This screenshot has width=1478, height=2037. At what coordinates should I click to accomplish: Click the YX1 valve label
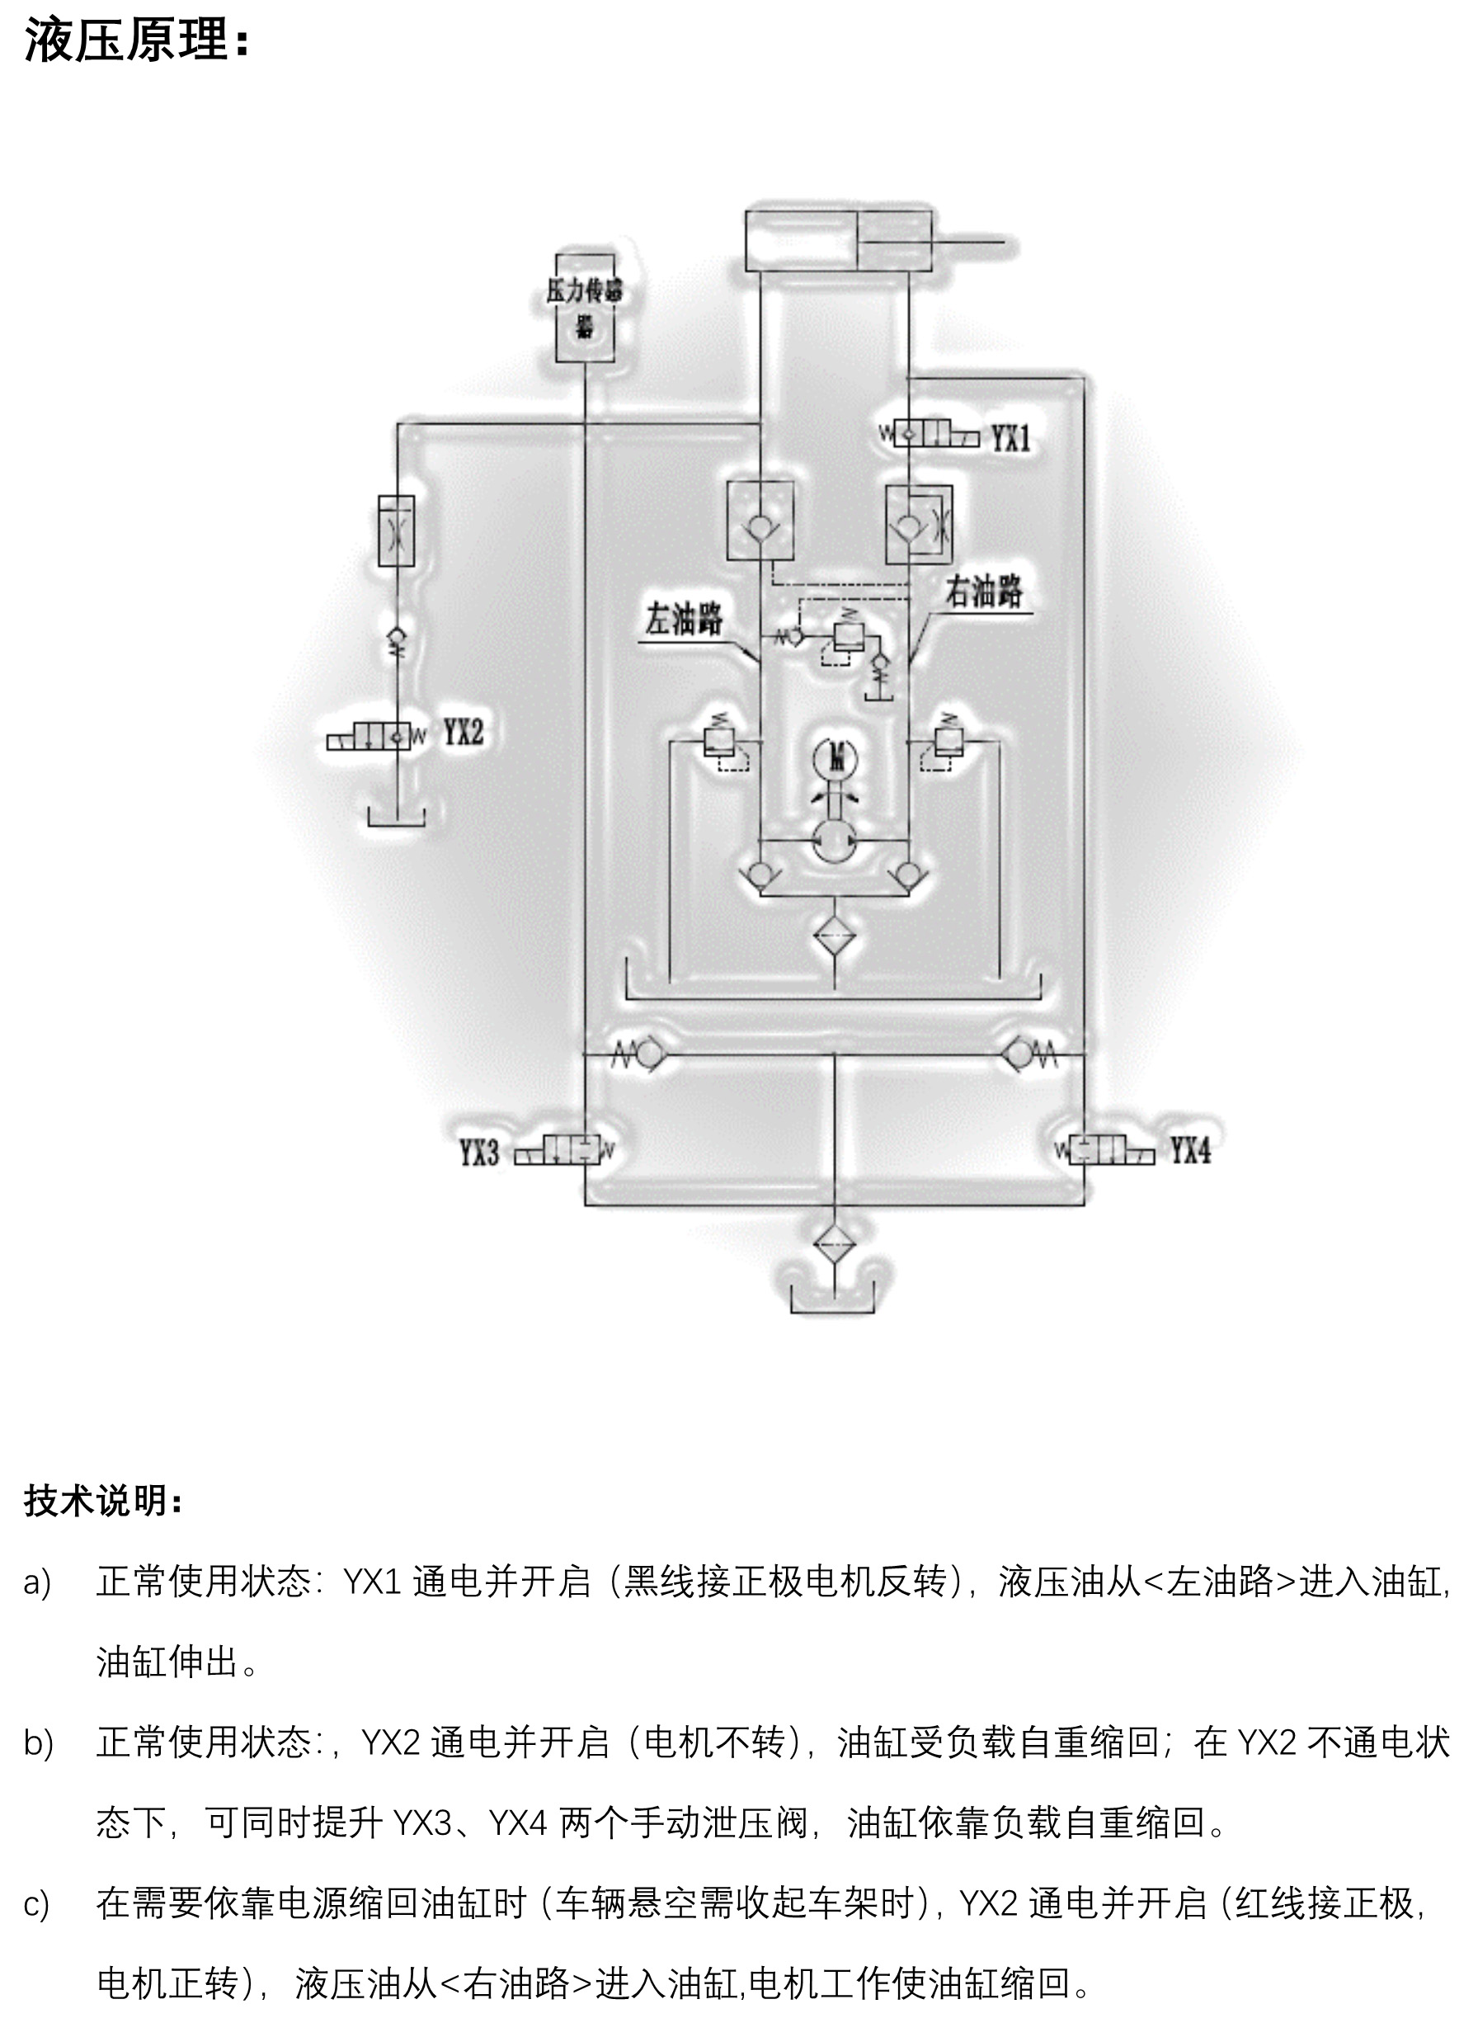(1010, 438)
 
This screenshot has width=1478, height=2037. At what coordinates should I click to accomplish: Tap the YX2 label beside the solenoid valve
(464, 733)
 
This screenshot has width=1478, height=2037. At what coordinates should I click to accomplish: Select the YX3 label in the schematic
(478, 1153)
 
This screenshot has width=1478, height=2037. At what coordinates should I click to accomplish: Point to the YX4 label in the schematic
(1190, 1149)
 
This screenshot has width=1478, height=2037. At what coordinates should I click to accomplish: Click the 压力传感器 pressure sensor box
(585, 307)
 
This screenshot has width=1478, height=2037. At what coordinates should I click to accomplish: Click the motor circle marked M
(836, 759)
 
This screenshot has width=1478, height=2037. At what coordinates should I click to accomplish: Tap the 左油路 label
(684, 618)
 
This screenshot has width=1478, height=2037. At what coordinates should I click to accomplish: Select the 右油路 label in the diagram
(984, 591)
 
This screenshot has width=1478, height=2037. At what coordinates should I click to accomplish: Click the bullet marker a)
(37, 1582)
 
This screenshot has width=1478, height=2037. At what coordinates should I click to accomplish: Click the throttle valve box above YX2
(397, 530)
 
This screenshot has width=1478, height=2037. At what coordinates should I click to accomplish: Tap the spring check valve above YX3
(645, 1054)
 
